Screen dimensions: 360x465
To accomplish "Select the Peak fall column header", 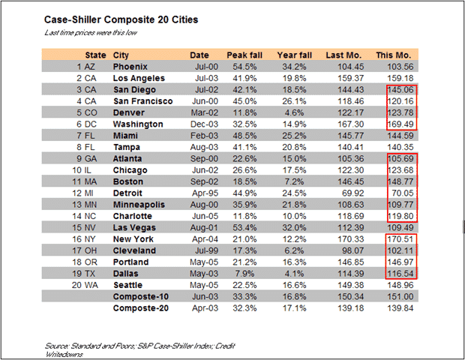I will [243, 55].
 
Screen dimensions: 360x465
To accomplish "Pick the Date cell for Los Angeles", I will [199, 78].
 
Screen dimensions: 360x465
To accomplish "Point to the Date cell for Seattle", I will [199, 284].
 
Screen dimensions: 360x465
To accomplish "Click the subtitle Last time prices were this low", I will [90, 34].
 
